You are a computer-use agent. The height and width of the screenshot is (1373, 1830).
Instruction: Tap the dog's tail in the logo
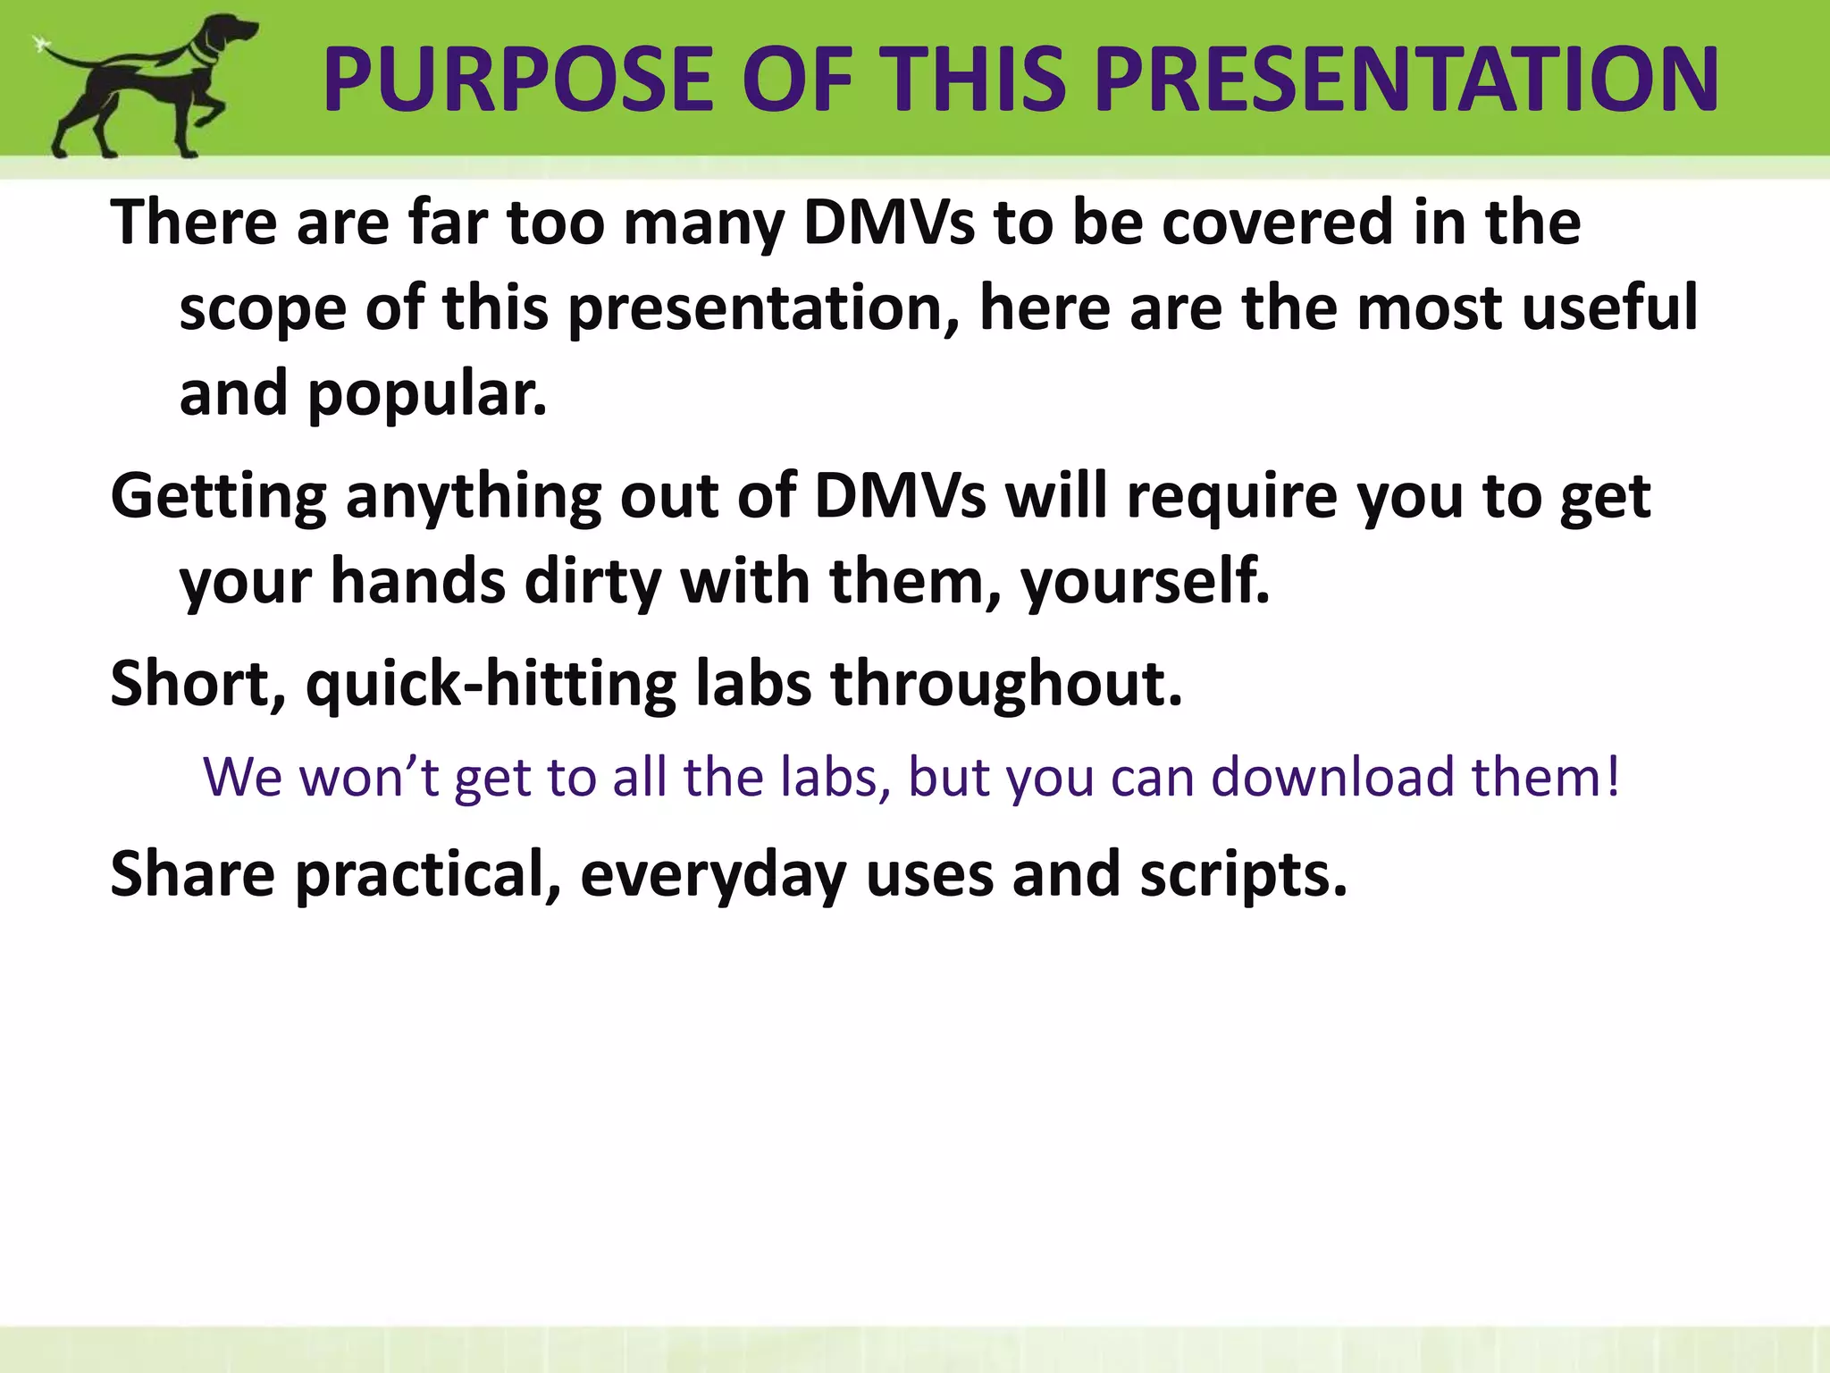tap(67, 55)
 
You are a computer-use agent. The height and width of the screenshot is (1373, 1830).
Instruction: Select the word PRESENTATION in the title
tap(1406, 80)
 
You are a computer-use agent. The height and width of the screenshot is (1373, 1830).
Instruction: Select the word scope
tap(263, 309)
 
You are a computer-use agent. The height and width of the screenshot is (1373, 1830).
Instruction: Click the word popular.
tap(427, 395)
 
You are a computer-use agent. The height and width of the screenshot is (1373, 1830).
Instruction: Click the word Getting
tap(219, 497)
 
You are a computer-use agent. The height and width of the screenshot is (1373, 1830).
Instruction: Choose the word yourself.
tap(1145, 583)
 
